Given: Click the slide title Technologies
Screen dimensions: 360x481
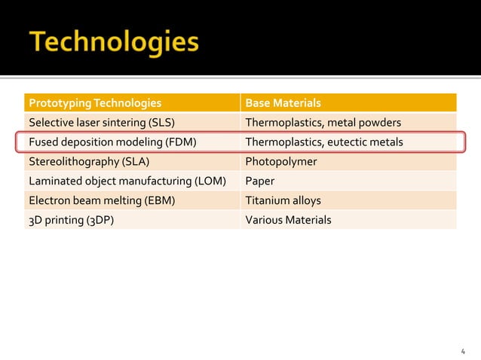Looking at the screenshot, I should [115, 42].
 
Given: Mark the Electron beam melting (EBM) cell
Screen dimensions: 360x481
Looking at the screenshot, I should [98, 200].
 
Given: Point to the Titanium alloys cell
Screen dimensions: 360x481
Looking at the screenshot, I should [283, 200].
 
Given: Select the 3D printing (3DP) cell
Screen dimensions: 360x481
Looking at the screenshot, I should [71, 220].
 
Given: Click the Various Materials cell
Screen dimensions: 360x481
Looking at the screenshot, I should [288, 220].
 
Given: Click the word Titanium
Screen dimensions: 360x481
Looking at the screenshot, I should [266, 200].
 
